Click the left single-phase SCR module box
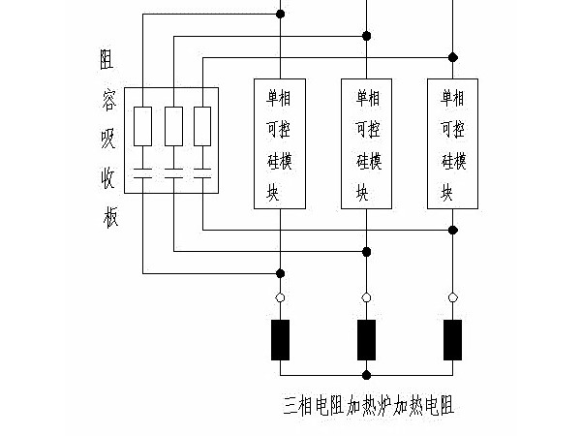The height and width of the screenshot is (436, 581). coord(280,143)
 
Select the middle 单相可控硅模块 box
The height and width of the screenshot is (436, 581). coord(366,143)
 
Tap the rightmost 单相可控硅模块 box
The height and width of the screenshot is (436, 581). coord(452,143)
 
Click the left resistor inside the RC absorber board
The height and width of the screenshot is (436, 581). coord(142,126)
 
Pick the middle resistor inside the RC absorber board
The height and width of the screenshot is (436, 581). coord(173,126)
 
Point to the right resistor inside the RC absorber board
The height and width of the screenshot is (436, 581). coord(202,126)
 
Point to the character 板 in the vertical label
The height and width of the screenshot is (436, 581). coord(108,218)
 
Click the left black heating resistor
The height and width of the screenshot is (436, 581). coord(280,339)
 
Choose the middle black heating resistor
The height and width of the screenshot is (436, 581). coord(366,339)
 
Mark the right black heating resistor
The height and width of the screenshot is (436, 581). coord(452,339)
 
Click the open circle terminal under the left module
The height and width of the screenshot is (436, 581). coord(280,297)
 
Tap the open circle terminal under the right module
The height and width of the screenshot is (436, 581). coord(452,297)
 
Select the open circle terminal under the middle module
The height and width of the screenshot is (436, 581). coord(366,297)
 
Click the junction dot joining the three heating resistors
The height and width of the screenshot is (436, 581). coord(366,374)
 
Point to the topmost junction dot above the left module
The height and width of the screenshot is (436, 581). coord(280,15)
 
